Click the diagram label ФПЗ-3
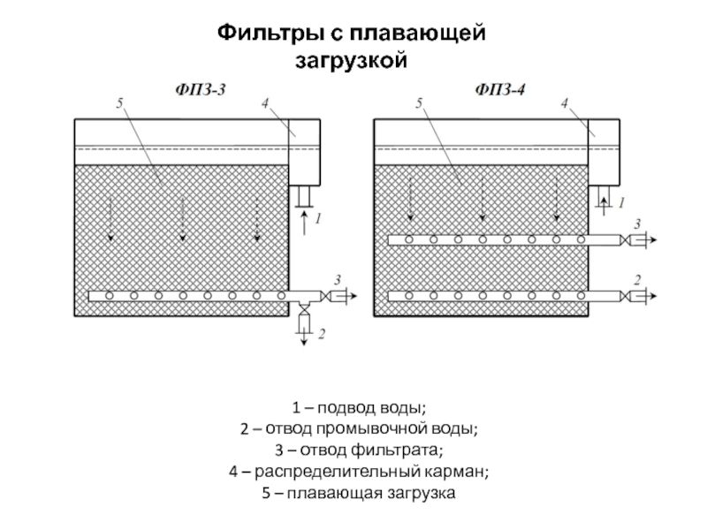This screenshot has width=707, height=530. click(x=199, y=88)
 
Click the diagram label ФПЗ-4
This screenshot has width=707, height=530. click(x=500, y=88)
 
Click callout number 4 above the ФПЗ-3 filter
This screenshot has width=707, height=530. click(x=264, y=104)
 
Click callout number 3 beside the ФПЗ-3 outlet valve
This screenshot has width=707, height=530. click(x=337, y=280)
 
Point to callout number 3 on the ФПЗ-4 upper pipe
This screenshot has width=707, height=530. click(x=637, y=225)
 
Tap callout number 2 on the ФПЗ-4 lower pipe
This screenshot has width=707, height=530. click(x=636, y=280)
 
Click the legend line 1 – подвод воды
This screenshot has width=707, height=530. click(x=359, y=409)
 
